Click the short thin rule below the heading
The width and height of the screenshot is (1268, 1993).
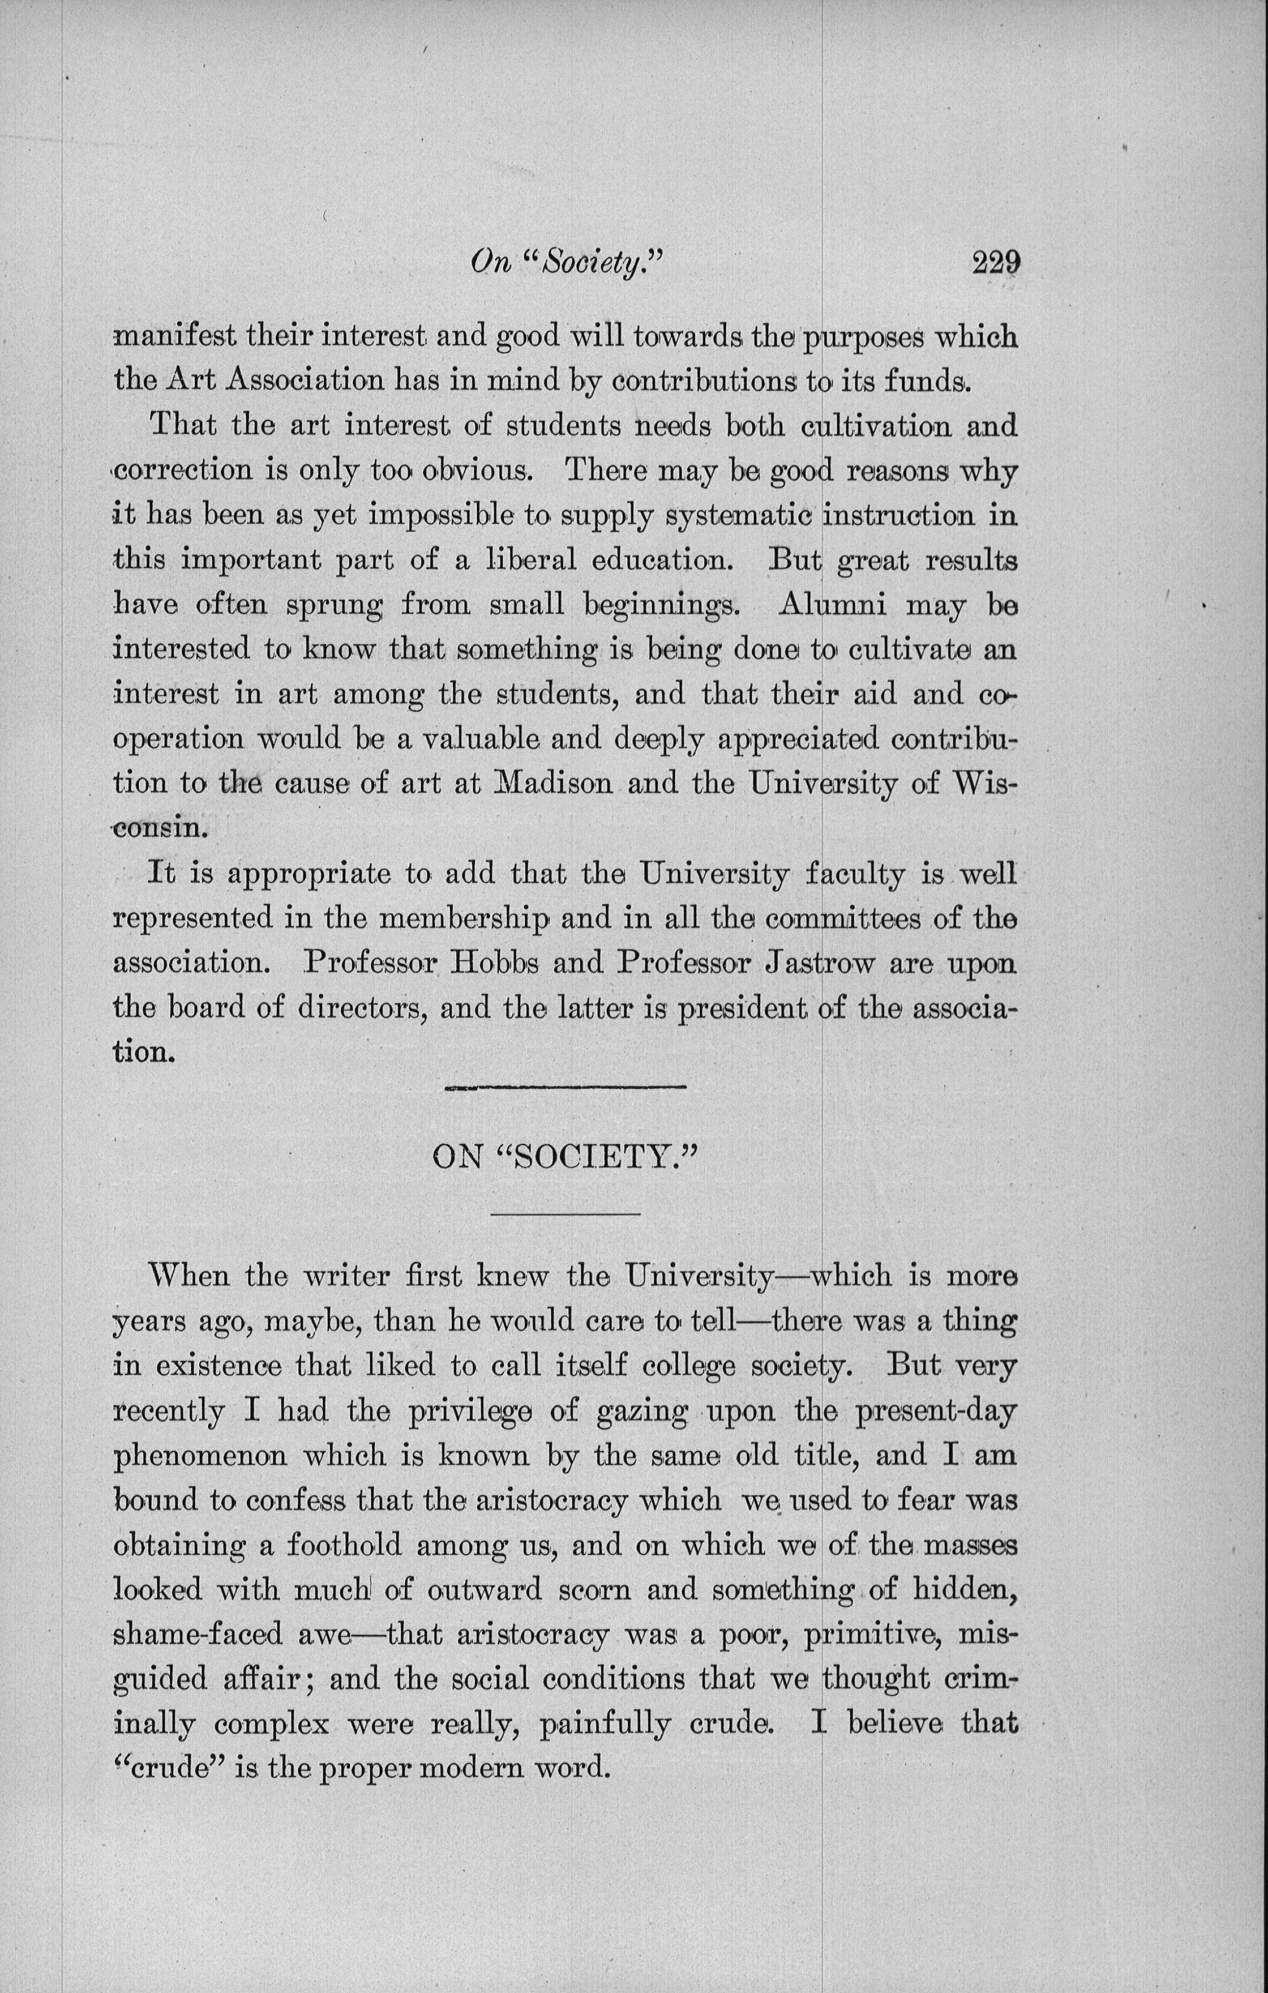click(x=566, y=1214)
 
